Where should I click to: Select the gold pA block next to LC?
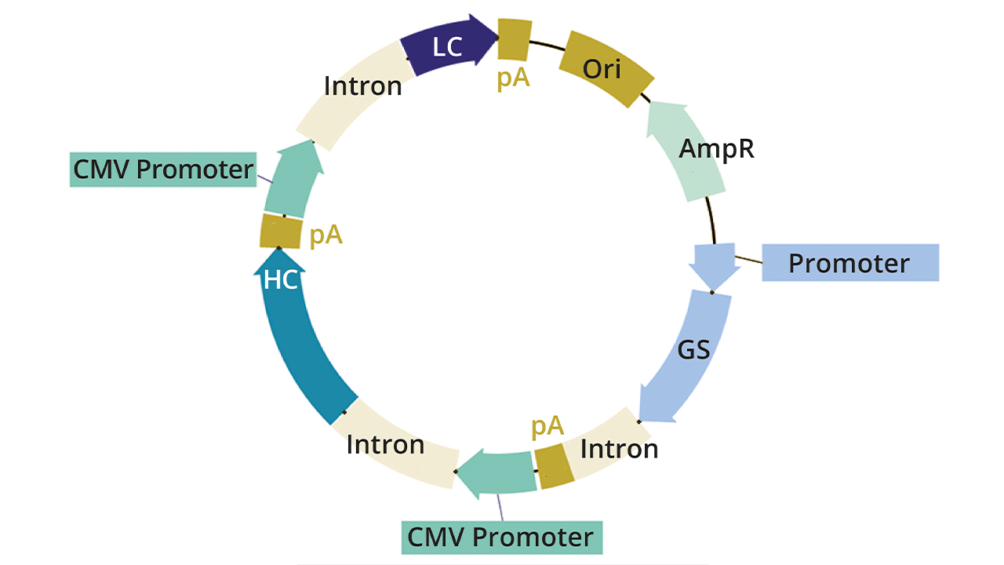(513, 38)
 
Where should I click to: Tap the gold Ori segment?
(606, 69)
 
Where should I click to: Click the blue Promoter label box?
(850, 263)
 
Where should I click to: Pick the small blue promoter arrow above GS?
(714, 266)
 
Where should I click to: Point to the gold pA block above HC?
(281, 233)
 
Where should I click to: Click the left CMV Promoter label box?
(163, 169)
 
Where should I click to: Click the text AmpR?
(717, 148)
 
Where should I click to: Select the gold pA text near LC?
(514, 79)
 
